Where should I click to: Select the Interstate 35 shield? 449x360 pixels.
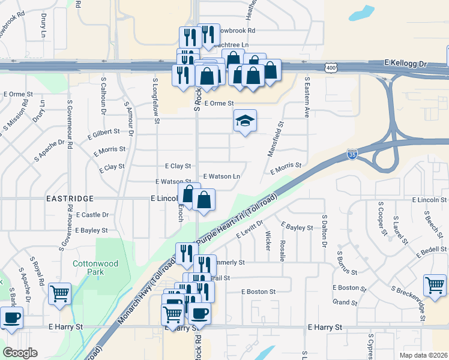[352, 155]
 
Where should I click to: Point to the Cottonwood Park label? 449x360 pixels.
[95, 268]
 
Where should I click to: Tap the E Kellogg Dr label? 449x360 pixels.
[405, 62]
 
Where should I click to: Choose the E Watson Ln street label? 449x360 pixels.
[221, 176]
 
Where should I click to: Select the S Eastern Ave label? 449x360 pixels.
[307, 97]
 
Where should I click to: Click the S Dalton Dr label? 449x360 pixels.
[324, 231]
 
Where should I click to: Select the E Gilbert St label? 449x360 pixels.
[107, 136]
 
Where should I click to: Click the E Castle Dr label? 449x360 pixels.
[92, 214]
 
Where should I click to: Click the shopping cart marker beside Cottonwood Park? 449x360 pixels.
[59, 293]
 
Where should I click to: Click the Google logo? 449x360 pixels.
[20, 353]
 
